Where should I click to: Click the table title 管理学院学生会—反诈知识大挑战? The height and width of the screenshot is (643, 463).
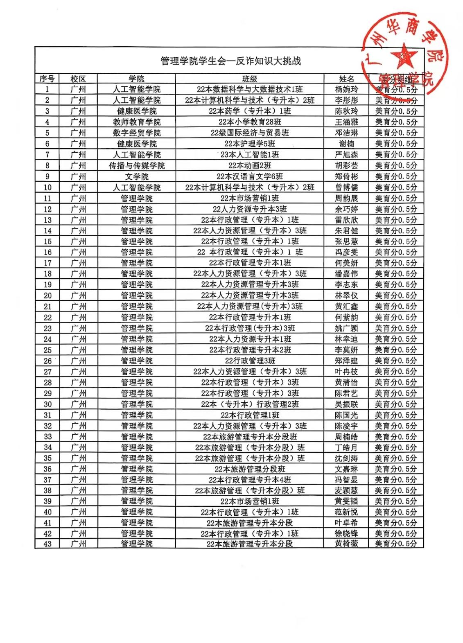tap(230, 61)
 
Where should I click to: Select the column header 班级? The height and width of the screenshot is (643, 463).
tap(249, 79)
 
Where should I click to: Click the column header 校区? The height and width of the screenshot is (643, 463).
tap(78, 79)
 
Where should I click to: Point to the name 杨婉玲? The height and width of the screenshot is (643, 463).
tap(346, 89)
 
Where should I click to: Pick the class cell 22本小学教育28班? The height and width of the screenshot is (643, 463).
tap(249, 122)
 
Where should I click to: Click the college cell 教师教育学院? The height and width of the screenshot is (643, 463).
tap(137, 122)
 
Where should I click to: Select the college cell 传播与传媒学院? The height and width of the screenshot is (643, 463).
tap(137, 166)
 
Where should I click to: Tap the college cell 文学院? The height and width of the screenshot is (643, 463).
tap(137, 176)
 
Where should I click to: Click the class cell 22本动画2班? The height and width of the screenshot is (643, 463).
tap(249, 166)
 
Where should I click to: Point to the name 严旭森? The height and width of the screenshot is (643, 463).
tap(346, 155)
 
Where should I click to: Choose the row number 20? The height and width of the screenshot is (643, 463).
tap(47, 296)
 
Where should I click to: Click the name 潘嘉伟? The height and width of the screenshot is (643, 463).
tap(346, 274)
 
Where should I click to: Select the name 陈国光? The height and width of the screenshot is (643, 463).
tap(346, 415)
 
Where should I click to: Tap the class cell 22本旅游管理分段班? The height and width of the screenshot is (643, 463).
tap(250, 469)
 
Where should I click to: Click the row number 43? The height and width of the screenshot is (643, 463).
tap(47, 544)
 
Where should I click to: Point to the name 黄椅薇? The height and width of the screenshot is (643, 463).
tap(346, 544)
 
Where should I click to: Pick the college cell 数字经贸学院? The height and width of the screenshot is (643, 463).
tap(137, 133)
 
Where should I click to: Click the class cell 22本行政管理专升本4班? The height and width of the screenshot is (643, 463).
tap(250, 480)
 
